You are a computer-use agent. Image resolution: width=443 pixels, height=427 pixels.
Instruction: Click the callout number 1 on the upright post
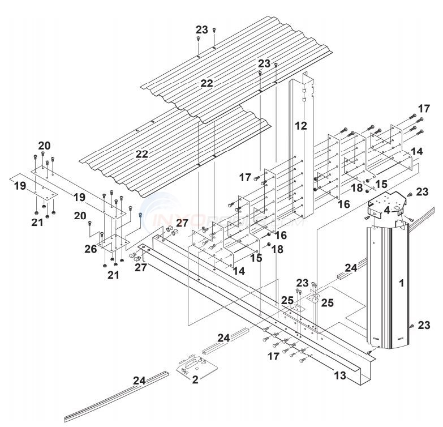(402, 283)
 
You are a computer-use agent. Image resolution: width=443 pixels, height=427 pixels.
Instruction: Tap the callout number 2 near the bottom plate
(195, 380)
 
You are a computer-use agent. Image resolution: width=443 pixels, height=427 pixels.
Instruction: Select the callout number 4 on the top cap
(386, 210)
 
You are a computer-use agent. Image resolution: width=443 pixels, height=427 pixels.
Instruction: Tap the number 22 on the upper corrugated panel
(207, 83)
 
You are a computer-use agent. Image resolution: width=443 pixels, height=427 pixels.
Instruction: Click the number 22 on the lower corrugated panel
(142, 153)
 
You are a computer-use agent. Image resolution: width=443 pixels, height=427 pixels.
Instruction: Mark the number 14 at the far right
(417, 152)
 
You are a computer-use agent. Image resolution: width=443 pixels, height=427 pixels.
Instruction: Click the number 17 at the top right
(424, 108)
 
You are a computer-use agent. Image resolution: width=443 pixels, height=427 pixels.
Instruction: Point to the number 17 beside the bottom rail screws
(274, 356)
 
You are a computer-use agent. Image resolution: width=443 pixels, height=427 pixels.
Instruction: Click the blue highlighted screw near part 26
(140, 215)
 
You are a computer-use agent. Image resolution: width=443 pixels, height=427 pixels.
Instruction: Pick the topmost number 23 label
(201, 29)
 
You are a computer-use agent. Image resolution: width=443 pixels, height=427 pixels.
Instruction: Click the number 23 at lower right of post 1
(424, 324)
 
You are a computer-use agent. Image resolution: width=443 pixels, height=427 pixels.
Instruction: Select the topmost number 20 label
(45, 145)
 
